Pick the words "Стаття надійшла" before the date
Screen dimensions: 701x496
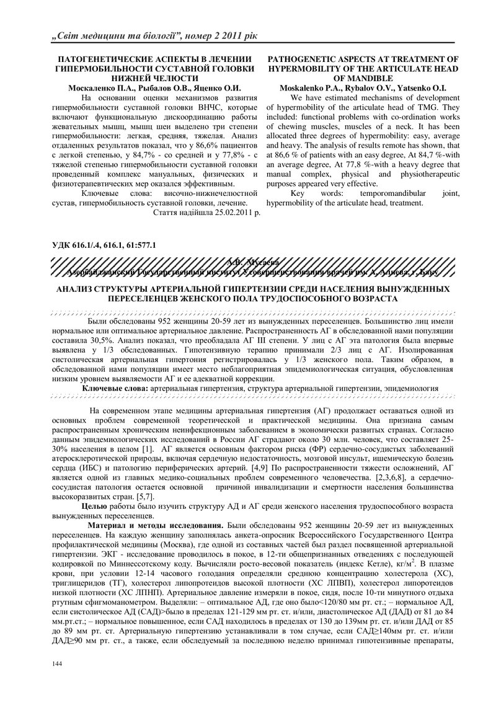coord(181,212)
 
